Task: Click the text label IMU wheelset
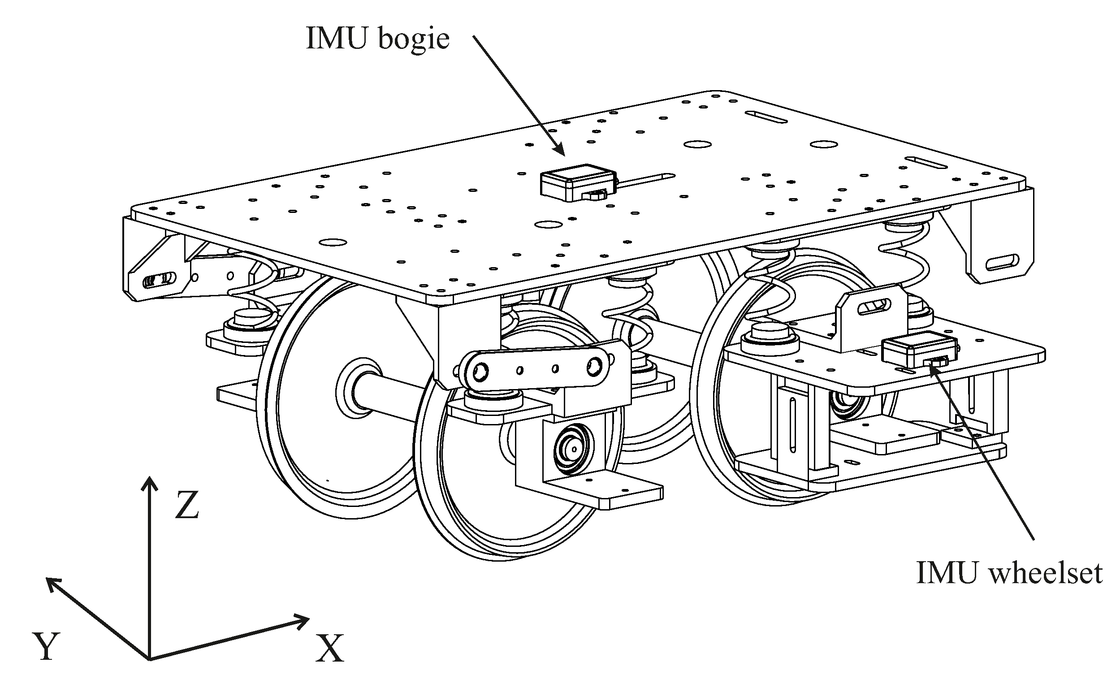1008,573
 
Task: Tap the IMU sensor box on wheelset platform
919,351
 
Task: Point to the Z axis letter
186,506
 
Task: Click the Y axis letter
46,646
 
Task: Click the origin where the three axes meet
149,658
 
